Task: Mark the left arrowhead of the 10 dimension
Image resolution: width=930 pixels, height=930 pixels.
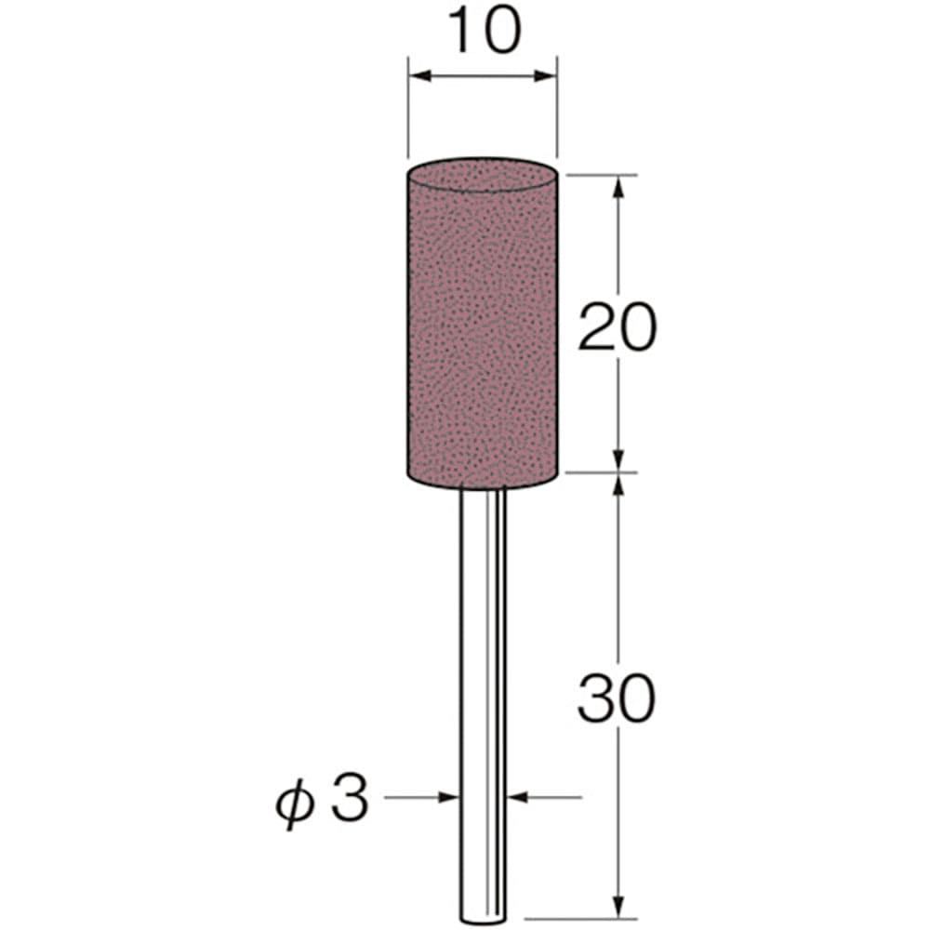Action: (x=418, y=75)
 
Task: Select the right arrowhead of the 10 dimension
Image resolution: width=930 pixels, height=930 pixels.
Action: (x=548, y=75)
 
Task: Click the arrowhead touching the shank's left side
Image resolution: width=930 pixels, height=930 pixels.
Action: (x=453, y=797)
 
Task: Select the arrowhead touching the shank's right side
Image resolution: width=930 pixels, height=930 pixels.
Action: (x=514, y=797)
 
